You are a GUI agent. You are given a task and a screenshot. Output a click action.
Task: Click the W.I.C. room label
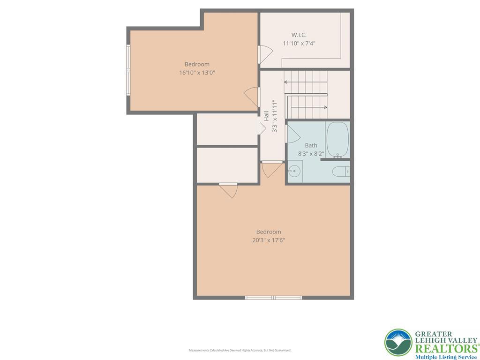tap(299, 35)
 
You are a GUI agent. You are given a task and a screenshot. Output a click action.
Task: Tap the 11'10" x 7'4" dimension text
tap(299, 43)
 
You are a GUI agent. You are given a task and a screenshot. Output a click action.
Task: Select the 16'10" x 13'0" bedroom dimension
tap(197, 73)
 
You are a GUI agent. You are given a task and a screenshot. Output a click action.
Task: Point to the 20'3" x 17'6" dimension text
tap(269, 240)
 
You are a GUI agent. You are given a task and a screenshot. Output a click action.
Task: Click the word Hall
tap(266, 116)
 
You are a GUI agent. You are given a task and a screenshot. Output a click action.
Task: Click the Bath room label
tap(311, 145)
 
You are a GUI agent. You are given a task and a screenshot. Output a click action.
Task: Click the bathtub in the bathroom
tap(337, 140)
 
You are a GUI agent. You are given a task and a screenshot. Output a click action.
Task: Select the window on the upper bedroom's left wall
tap(128, 70)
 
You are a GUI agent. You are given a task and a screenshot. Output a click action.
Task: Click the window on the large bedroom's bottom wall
tap(273, 297)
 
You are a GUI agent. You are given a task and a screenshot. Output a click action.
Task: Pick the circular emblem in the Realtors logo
tap(398, 343)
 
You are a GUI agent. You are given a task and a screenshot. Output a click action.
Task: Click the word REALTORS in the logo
tap(445, 348)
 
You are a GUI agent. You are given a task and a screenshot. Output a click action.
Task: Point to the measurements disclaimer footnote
tap(240, 350)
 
